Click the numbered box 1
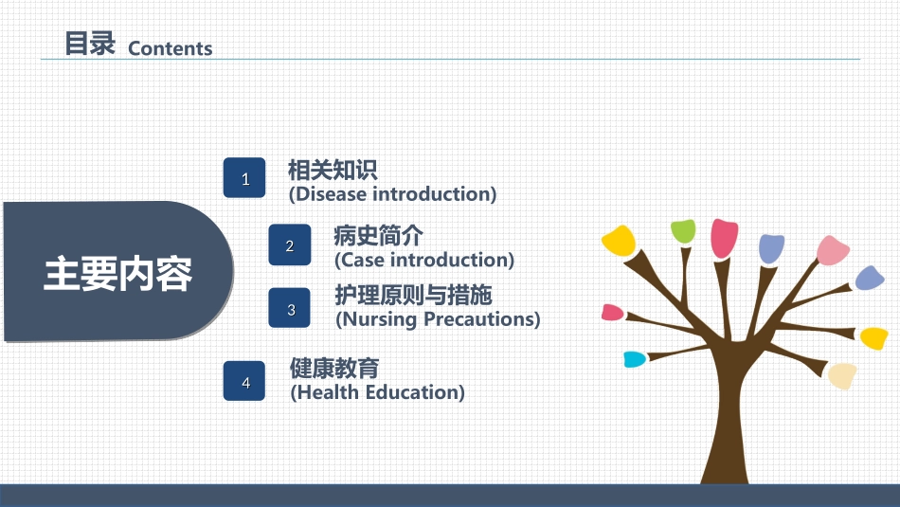pos(244,178)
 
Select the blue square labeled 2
pos(290,244)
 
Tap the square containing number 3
pos(290,308)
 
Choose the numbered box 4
pos(244,381)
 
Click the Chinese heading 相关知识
pos(333,170)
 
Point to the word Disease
pos(331,194)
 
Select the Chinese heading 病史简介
pos(378,235)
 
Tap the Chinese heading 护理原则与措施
pos(413,295)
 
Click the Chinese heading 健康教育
pos(334,368)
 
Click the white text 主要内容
pos(117,274)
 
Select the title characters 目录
pos(90,44)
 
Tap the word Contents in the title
pos(170,49)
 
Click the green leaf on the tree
pos(683,231)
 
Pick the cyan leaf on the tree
pos(634,359)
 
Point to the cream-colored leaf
pos(842,376)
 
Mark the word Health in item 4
pos(327,392)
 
